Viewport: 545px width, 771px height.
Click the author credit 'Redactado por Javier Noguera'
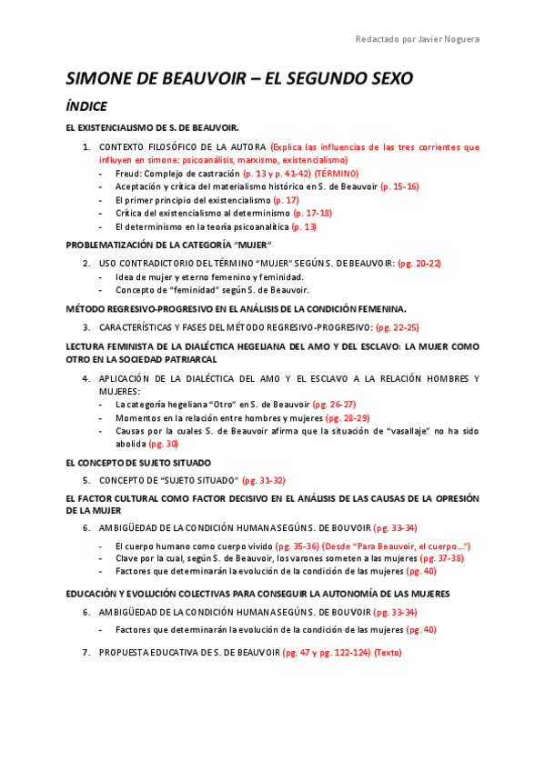tap(417, 38)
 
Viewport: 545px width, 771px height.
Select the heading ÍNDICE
tap(86, 106)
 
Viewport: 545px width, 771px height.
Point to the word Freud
tap(128, 173)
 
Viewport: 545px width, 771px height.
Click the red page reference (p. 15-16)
tap(399, 186)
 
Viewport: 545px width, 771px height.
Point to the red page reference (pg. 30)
tap(164, 444)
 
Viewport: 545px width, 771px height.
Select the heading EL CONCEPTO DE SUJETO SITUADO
tap(138, 463)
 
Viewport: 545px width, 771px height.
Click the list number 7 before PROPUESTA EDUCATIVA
tap(86, 652)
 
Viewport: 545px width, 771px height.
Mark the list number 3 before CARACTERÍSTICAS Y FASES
tap(86, 326)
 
